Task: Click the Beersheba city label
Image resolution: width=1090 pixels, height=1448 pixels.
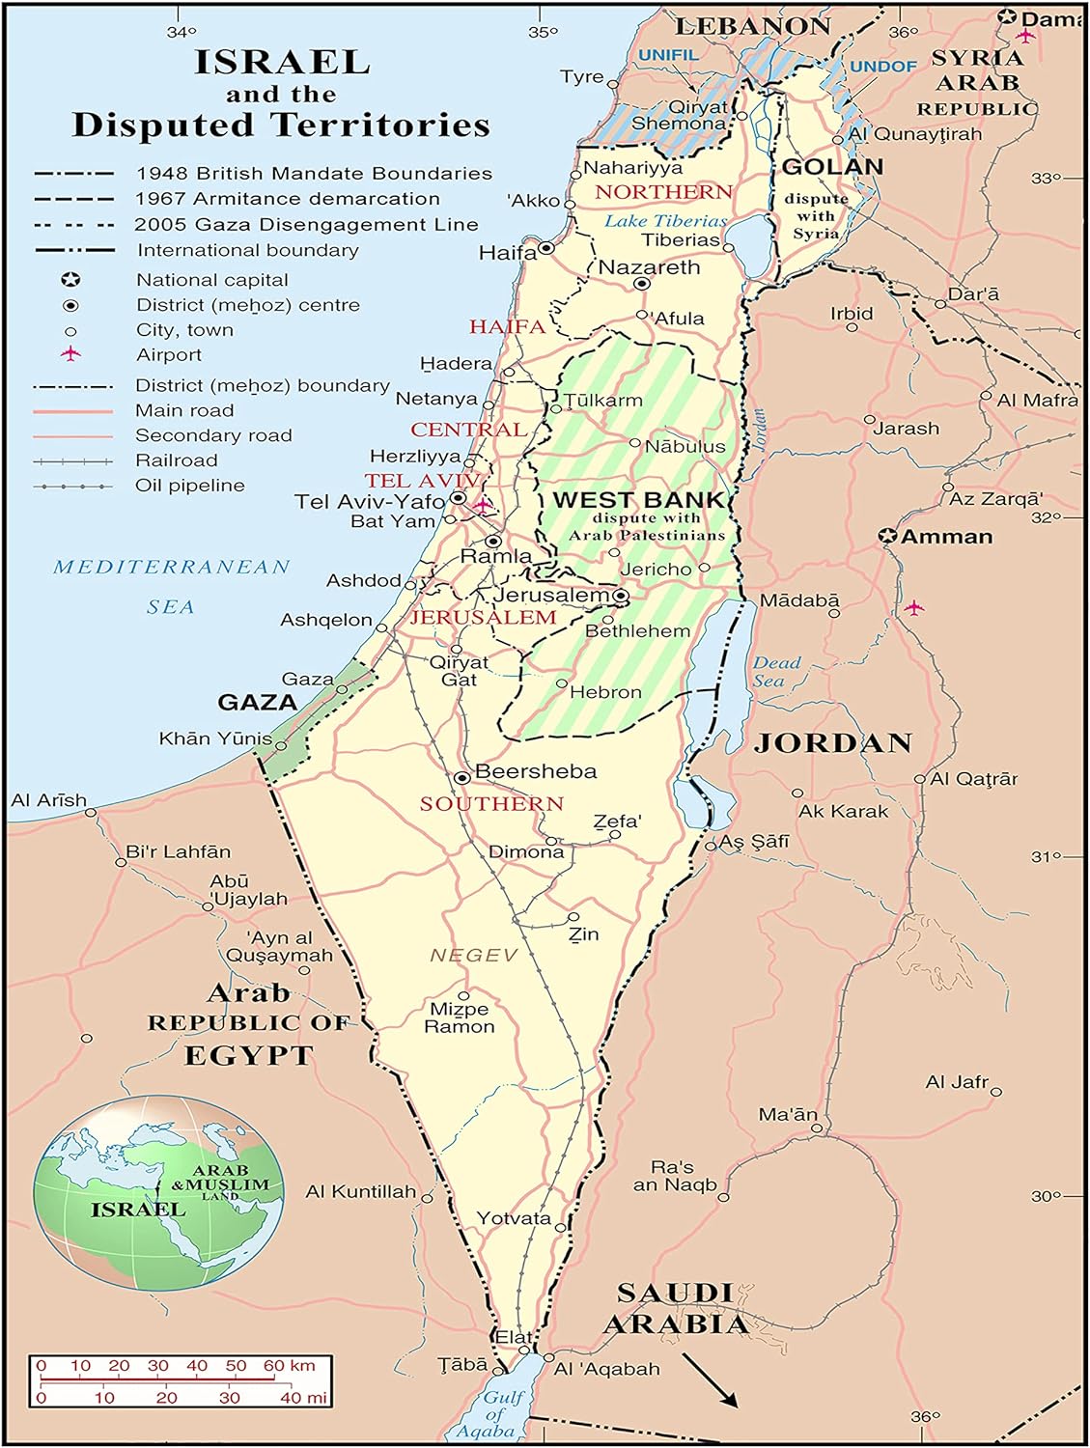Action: pyautogui.click(x=536, y=771)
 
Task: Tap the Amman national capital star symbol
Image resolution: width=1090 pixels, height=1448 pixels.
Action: pyautogui.click(x=887, y=536)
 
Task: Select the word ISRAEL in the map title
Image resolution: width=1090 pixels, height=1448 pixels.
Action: pyautogui.click(x=282, y=62)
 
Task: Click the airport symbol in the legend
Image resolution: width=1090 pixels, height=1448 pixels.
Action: pyautogui.click(x=70, y=354)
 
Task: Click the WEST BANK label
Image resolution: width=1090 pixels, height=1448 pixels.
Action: pyautogui.click(x=638, y=500)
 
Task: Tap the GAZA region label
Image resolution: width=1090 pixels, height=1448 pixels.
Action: pyautogui.click(x=257, y=702)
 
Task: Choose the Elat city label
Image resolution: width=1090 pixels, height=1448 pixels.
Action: pyautogui.click(x=514, y=1337)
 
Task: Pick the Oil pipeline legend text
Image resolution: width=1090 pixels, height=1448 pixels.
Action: pyautogui.click(x=190, y=485)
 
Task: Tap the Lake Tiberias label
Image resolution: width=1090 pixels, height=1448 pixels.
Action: pyautogui.click(x=665, y=220)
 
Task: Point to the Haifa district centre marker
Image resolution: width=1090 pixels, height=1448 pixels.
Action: pyautogui.click(x=546, y=248)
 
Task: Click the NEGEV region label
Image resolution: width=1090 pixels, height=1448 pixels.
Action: pyautogui.click(x=473, y=955)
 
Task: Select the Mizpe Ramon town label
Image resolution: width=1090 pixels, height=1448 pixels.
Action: pyautogui.click(x=460, y=1017)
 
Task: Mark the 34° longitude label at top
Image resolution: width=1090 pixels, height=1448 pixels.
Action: pyautogui.click(x=181, y=32)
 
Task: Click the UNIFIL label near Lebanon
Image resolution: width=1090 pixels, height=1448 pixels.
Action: pyautogui.click(x=667, y=55)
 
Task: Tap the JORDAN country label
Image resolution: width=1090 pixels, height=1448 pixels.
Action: pyautogui.click(x=832, y=742)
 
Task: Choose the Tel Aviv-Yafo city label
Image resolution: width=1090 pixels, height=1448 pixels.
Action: pyautogui.click(x=370, y=501)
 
